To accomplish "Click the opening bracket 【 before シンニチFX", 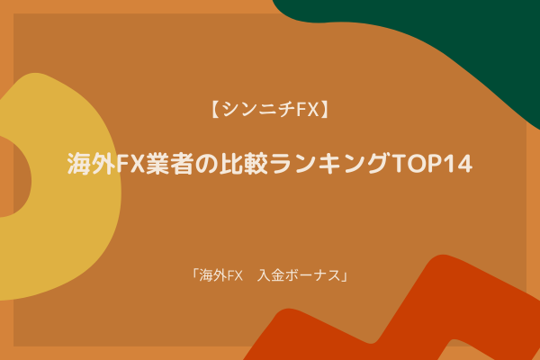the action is point(216,110).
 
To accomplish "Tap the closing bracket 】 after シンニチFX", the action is point(324,110).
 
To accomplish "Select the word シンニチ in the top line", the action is point(258,110).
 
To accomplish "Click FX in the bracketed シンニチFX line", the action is point(308,110).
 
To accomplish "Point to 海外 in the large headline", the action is point(91,163).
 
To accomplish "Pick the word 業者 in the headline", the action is point(169,163).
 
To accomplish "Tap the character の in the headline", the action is point(206,164).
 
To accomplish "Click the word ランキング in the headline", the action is point(328,163).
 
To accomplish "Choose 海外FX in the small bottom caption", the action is point(220,275).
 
